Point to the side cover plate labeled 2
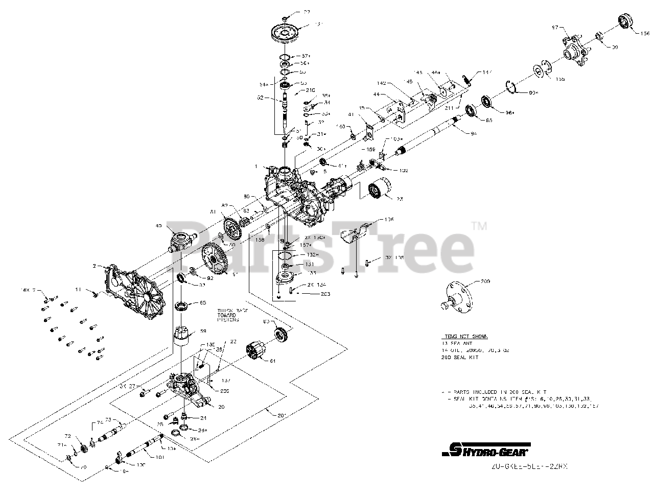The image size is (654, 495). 137,292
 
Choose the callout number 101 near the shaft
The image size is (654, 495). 160,458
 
